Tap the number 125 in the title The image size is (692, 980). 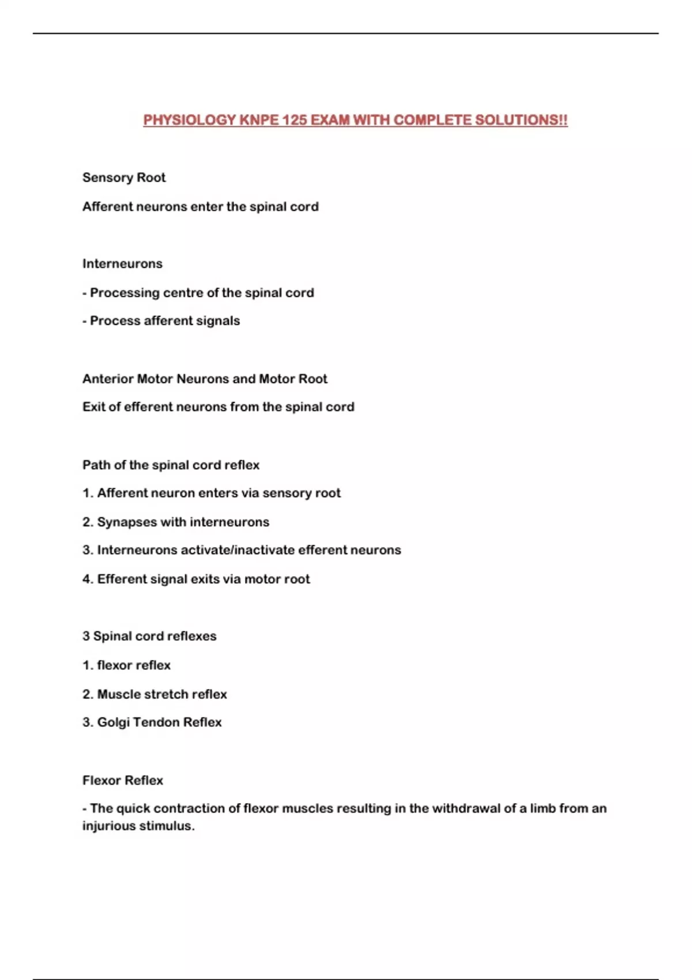295,120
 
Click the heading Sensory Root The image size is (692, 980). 124,178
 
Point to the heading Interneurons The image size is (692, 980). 122,263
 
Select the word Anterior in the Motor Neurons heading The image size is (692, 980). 108,379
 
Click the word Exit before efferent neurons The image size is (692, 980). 93,407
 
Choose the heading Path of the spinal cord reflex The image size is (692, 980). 171,465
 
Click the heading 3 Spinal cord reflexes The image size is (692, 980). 149,636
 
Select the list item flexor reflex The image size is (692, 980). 134,665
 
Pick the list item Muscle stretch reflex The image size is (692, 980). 161,694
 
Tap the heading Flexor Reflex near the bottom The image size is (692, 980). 123,780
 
